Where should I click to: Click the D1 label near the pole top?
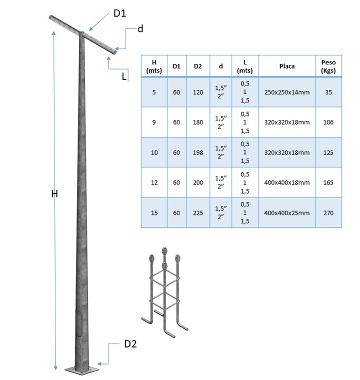click(119, 13)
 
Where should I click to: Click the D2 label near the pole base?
click(130, 344)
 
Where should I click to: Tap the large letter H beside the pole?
click(54, 193)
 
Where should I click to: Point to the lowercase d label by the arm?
click(140, 29)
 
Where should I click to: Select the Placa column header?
click(287, 66)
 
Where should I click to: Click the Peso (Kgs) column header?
click(328, 66)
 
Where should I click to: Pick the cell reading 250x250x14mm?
click(287, 92)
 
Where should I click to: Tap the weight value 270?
click(328, 213)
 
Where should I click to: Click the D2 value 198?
click(197, 152)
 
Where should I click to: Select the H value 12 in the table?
click(154, 183)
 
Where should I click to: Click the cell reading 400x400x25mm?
click(287, 213)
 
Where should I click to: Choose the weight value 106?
click(328, 122)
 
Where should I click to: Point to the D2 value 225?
click(197, 213)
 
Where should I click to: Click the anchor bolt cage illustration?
click(164, 290)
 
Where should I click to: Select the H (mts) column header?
click(154, 66)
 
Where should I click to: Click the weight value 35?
click(328, 92)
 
